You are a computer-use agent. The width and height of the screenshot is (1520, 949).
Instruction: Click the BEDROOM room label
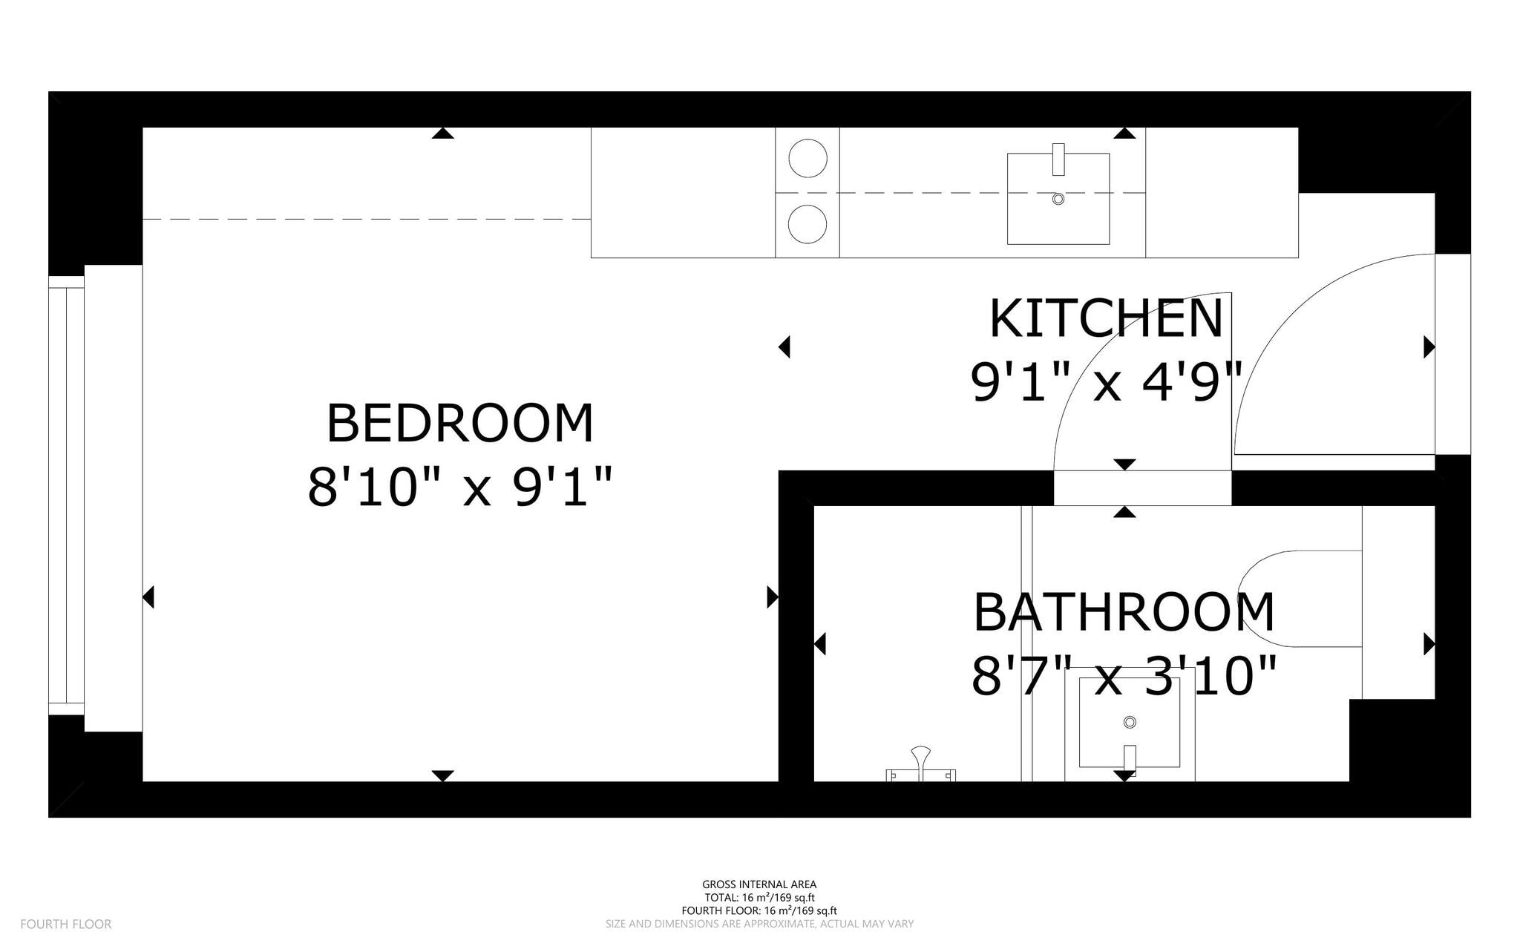tap(460, 424)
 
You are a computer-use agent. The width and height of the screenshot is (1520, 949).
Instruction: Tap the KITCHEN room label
tap(1106, 319)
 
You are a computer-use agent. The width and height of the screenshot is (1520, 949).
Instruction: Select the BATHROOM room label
tap(1124, 612)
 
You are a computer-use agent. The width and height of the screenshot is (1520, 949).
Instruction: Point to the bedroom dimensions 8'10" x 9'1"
tap(460, 487)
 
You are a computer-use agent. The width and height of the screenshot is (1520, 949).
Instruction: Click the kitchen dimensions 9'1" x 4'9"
tap(1106, 383)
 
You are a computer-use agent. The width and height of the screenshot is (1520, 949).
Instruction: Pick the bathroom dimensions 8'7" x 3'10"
tap(1124, 676)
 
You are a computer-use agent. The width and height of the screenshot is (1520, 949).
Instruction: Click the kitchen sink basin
tap(1058, 199)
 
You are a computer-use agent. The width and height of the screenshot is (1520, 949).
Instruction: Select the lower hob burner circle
tap(807, 224)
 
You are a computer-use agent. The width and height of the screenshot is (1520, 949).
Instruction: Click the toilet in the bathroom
tap(1301, 599)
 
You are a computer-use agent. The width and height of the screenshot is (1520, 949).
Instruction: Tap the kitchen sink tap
tap(1058, 160)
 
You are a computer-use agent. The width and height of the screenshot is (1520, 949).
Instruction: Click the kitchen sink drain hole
tap(1058, 199)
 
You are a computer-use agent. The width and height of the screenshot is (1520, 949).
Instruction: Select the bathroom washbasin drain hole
tap(1130, 722)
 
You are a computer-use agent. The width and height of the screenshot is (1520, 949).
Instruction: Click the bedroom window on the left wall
tap(67, 496)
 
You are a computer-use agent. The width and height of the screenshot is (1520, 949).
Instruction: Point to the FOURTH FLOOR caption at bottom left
tap(66, 924)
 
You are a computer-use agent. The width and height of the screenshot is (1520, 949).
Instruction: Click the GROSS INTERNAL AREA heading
tap(759, 884)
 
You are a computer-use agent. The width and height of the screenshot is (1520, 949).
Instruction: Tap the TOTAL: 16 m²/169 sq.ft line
tap(759, 898)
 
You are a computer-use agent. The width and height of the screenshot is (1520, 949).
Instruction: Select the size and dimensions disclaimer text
tap(759, 924)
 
